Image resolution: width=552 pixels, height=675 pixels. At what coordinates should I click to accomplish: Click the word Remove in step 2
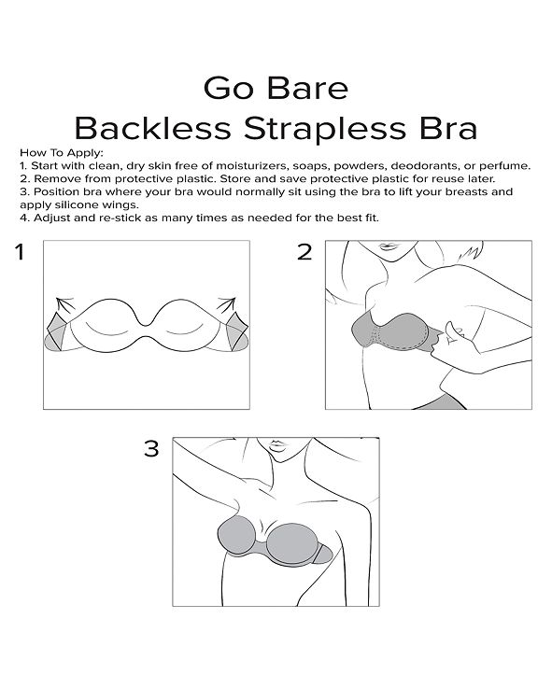pos(51,178)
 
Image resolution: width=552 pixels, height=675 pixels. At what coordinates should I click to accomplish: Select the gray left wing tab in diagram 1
pos(59,335)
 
